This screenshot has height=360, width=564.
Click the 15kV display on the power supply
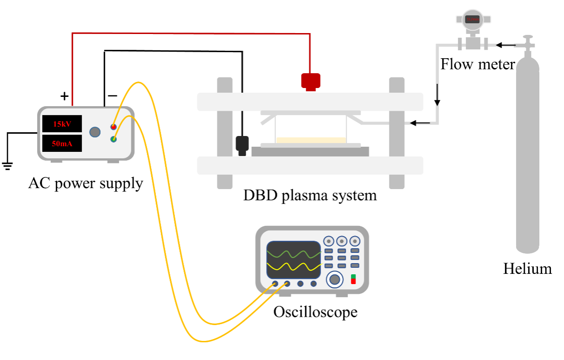pyautogui.click(x=62, y=124)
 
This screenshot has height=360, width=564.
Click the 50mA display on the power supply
pyautogui.click(x=62, y=143)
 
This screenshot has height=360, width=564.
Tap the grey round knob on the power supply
pyautogui.click(x=95, y=132)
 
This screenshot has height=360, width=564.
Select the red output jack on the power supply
pyautogui.click(x=114, y=127)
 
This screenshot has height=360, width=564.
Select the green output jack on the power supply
pyautogui.click(x=114, y=139)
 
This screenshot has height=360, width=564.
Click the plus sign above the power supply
pyautogui.click(x=64, y=97)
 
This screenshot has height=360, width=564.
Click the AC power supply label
pyautogui.click(x=85, y=183)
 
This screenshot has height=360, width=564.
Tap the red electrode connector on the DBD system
pyautogui.click(x=310, y=81)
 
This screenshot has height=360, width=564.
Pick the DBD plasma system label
pyautogui.click(x=310, y=195)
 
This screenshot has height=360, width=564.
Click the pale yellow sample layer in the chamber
pyautogui.click(x=311, y=140)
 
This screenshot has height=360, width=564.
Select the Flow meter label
pyautogui.click(x=477, y=64)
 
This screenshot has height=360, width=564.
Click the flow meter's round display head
pyautogui.click(x=472, y=20)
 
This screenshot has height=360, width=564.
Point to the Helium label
pyautogui.click(x=527, y=269)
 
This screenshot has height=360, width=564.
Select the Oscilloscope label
pyautogui.click(x=315, y=312)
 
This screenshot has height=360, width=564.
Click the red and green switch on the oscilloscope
pyautogui.click(x=353, y=279)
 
